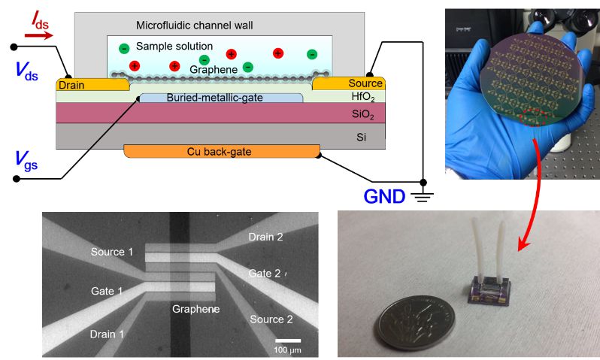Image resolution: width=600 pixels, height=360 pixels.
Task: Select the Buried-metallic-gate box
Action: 221,98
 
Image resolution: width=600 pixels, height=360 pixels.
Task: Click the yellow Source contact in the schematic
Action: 363,83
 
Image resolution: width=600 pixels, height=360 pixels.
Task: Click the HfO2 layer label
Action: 362,97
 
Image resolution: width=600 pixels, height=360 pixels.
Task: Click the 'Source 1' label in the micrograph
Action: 111,251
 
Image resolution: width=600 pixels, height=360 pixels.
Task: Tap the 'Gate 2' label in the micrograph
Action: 265,274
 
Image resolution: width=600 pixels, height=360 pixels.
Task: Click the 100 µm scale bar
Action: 286,341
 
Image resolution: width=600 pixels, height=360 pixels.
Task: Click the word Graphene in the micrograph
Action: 195,309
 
